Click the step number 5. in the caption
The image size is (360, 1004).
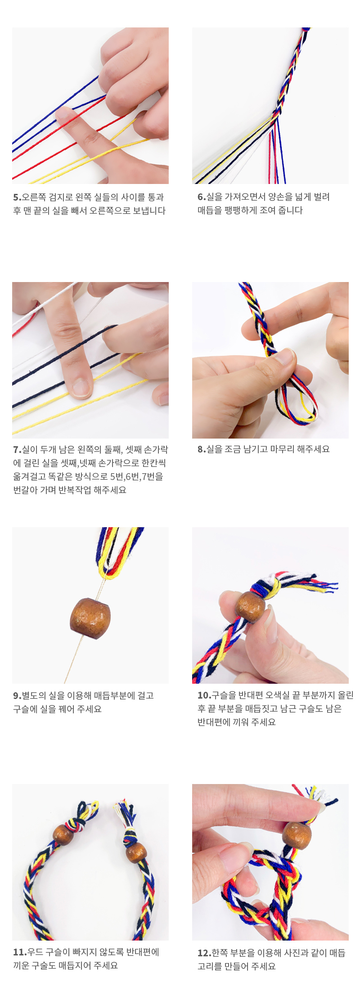click(17, 197)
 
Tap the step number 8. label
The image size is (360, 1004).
click(202, 449)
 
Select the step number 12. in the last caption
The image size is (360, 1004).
click(204, 953)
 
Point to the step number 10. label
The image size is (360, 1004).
click(204, 695)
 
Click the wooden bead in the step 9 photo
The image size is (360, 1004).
click(90, 617)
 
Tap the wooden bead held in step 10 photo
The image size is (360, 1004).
click(251, 607)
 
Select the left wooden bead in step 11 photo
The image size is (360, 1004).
click(63, 834)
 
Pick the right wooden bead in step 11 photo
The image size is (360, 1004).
click(136, 853)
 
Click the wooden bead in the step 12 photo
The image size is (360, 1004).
click(297, 835)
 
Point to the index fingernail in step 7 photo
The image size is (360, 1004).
click(81, 387)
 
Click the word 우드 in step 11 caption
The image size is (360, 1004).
click(35, 952)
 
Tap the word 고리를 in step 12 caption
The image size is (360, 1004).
click(209, 966)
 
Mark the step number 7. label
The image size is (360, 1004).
click(17, 449)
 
